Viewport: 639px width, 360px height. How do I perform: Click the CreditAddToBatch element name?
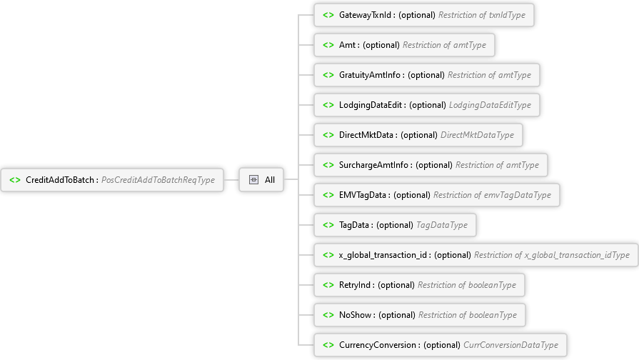point(60,180)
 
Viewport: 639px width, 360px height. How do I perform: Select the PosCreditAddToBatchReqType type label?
point(158,180)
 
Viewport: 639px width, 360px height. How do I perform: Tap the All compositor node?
point(270,180)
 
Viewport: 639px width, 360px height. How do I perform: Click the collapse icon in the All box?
point(253,180)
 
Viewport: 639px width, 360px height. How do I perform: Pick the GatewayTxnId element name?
point(367,15)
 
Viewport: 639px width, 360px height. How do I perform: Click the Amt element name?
point(348,45)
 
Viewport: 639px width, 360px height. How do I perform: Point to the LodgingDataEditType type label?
point(490,105)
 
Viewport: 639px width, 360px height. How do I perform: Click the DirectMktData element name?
point(367,135)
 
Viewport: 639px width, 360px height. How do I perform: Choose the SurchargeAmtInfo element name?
point(375,165)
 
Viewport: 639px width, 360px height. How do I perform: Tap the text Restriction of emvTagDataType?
point(492,195)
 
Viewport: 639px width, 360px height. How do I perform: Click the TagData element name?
point(355,225)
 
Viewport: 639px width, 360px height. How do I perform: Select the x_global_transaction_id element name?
point(383,255)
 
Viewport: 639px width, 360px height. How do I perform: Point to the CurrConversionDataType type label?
point(510,345)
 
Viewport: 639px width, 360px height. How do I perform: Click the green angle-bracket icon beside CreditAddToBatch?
point(15,180)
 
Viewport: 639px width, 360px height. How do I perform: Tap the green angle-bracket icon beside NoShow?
point(328,315)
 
